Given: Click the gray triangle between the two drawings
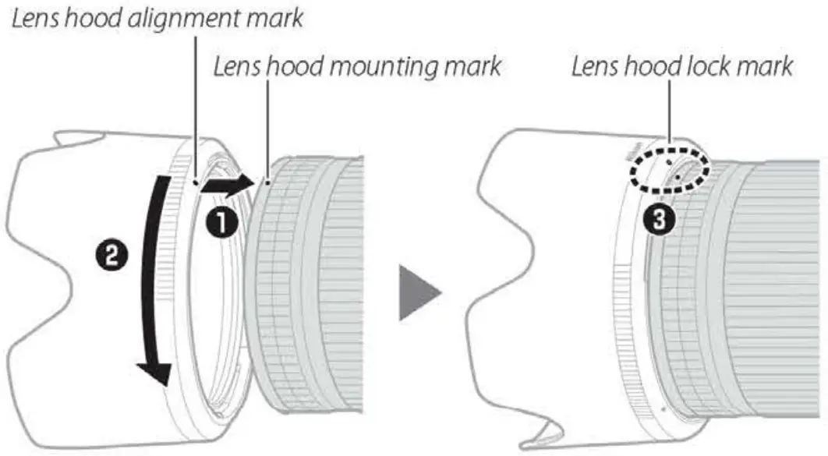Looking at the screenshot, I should pos(419,292).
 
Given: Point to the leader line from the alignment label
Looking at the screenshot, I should pos(192,101).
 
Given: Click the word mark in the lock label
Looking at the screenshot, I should pos(766,67).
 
